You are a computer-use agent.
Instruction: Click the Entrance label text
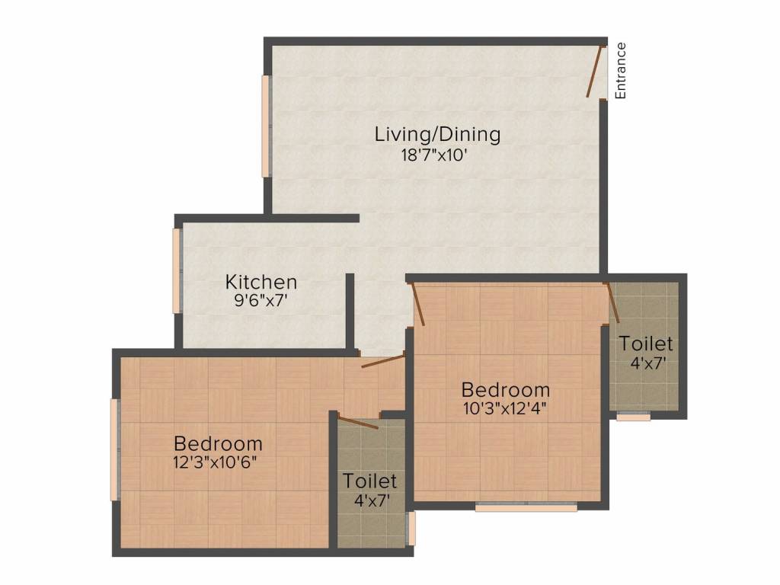[x=620, y=71]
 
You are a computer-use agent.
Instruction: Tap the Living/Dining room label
[x=437, y=134]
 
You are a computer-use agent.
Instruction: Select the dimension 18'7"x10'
[x=433, y=155]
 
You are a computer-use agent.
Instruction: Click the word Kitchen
[x=261, y=282]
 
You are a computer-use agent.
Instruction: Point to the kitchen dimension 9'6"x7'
[x=261, y=300]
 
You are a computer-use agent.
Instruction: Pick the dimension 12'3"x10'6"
[x=215, y=462]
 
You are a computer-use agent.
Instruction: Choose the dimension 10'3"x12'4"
[x=505, y=409]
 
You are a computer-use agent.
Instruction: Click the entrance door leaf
[x=595, y=71]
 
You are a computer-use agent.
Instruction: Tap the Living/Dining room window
[x=266, y=126]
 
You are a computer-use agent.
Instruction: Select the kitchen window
[x=177, y=270]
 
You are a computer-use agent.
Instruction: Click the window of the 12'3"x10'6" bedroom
[x=115, y=449]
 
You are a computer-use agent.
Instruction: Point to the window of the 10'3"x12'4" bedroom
[x=526, y=507]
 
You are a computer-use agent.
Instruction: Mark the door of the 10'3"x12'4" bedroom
[x=417, y=305]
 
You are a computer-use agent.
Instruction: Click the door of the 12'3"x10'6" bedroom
[x=384, y=360]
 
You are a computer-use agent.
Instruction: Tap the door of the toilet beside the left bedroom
[x=357, y=422]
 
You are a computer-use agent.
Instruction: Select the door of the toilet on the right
[x=612, y=303]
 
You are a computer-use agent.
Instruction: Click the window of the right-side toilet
[x=633, y=417]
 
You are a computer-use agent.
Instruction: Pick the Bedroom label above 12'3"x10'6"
[x=219, y=443]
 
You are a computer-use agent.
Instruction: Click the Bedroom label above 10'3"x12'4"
[x=506, y=389]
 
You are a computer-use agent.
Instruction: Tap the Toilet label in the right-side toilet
[x=646, y=344]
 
